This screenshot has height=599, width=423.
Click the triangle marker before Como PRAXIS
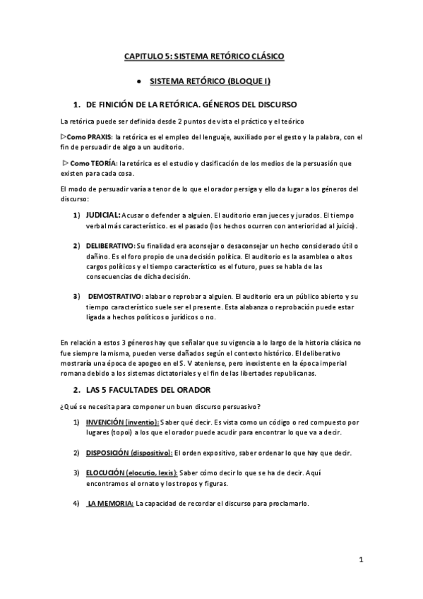coord(64,136)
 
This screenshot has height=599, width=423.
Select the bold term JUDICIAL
coord(102,214)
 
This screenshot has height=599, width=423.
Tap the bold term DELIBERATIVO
coord(110,245)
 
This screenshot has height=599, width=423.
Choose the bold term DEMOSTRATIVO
coord(115,296)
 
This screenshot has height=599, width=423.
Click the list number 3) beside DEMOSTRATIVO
coord(76,296)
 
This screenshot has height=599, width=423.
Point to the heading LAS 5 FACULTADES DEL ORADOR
coord(148,390)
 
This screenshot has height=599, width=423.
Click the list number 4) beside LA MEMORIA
coord(76,504)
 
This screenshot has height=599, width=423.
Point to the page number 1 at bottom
coord(360,561)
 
